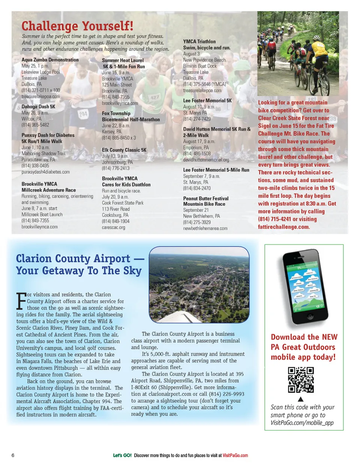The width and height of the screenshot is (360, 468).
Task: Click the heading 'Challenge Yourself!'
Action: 77,26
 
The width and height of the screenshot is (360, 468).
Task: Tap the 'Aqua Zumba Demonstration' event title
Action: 50,60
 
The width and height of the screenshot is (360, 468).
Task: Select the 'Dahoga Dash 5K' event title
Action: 38,107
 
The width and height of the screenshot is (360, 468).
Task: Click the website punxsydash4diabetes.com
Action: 45,172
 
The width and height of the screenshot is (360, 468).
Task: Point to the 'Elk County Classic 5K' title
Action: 124,150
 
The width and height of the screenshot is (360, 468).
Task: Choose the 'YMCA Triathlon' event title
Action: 199,42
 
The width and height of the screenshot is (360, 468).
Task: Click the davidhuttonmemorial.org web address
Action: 206,160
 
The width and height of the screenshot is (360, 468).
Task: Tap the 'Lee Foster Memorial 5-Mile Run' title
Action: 216,170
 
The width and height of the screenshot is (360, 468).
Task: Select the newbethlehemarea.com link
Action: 205,228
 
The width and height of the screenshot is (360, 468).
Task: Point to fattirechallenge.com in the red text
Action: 283,227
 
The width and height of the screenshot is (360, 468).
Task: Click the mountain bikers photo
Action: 298,53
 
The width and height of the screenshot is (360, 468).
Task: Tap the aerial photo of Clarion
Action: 199,284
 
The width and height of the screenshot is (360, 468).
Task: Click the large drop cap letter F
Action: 21,301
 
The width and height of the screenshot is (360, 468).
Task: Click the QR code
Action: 301,380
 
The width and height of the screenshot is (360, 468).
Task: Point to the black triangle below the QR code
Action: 300,399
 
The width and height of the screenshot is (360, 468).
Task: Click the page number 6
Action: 13,455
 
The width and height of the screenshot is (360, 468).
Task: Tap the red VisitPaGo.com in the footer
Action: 235,456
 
